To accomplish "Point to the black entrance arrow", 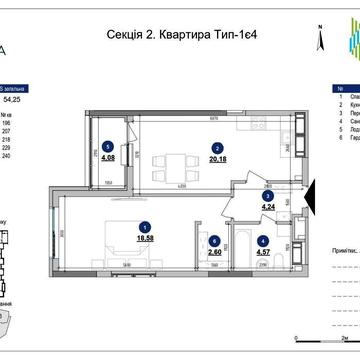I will pyautogui.click(x=309, y=196).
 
